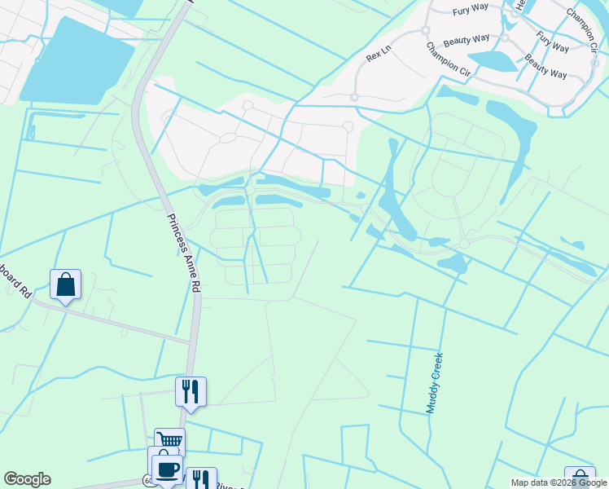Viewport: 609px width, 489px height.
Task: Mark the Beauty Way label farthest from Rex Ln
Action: pos(545,66)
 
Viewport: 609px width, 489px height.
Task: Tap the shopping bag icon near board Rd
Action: pos(65,285)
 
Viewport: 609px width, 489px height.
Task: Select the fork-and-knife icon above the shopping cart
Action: pos(191,392)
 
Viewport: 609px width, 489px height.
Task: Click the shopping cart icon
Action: pos(169,441)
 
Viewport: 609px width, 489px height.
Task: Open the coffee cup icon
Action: pos(168,469)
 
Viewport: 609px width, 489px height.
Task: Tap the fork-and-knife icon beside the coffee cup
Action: pos(200,479)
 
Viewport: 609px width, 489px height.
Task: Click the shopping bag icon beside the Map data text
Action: pos(579,478)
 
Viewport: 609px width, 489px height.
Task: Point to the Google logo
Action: pos(27,479)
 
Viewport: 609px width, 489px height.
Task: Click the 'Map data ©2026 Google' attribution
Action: pos(559,482)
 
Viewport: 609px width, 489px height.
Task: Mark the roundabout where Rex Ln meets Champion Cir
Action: pos(425,30)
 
